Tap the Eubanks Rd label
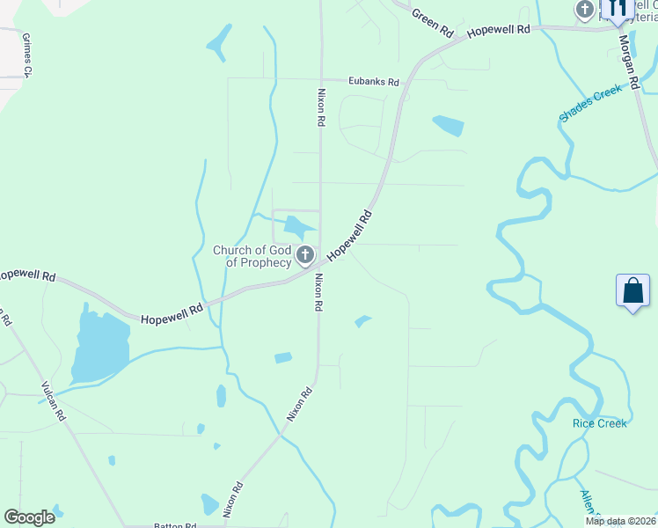(x=373, y=82)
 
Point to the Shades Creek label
(x=591, y=104)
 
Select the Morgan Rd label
(x=628, y=62)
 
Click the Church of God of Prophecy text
(x=252, y=256)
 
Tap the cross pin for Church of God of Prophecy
(x=305, y=256)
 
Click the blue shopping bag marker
(x=633, y=291)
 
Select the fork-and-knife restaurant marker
(x=616, y=9)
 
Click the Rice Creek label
(x=600, y=423)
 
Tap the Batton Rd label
(x=174, y=525)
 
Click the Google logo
(x=29, y=517)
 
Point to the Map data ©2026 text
(x=621, y=521)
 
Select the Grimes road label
(x=26, y=55)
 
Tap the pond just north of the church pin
(x=299, y=228)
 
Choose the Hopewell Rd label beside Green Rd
(x=499, y=30)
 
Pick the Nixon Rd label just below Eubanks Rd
(x=322, y=107)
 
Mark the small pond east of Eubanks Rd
(x=448, y=126)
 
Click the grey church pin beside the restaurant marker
(x=585, y=10)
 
